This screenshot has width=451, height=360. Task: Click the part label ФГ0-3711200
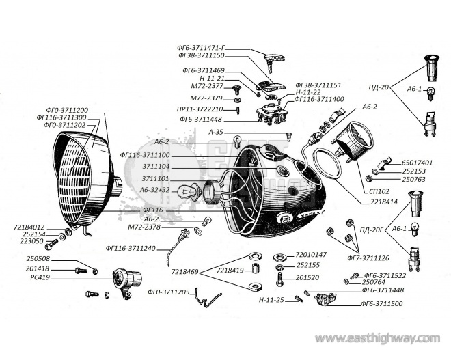(67, 110)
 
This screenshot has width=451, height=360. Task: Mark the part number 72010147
(312, 254)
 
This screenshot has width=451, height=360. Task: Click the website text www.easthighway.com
(378, 338)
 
